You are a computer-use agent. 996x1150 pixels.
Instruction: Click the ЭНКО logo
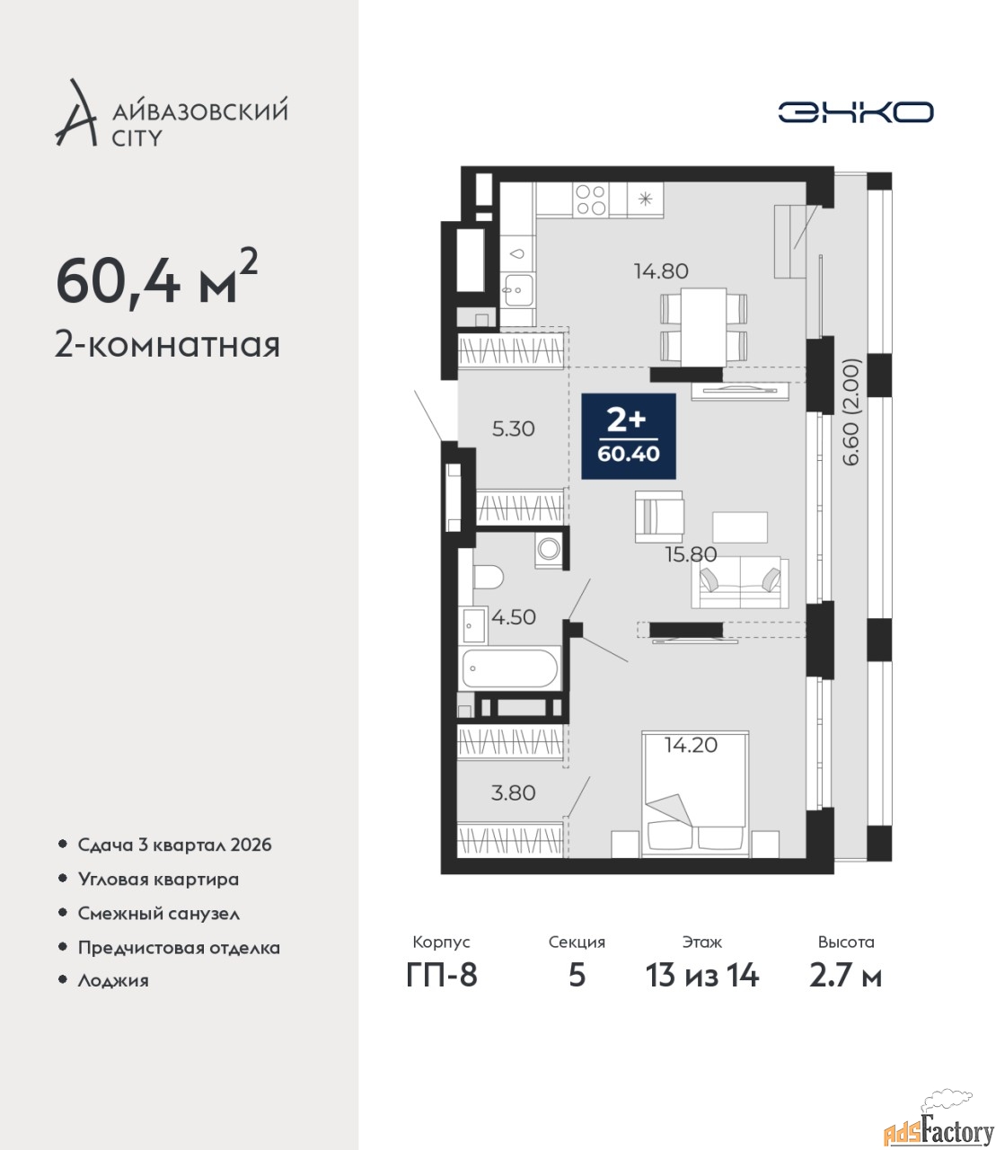(x=855, y=111)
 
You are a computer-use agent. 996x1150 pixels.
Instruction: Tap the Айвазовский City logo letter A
(x=74, y=113)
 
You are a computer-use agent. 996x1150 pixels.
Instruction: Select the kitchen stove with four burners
(x=591, y=199)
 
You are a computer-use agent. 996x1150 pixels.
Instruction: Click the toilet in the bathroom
(x=488, y=577)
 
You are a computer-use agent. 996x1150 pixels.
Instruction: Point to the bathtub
(x=510, y=668)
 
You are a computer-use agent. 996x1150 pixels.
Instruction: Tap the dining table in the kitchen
(x=703, y=327)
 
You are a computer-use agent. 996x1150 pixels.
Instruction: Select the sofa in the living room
(x=740, y=582)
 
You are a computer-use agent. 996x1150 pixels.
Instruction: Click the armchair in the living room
(x=659, y=517)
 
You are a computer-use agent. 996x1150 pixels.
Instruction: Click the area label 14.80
(x=661, y=271)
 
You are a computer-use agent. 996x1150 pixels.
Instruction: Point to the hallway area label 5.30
(x=514, y=429)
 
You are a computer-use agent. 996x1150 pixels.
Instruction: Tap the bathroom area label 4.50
(x=514, y=617)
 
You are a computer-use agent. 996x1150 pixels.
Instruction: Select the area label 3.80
(x=514, y=792)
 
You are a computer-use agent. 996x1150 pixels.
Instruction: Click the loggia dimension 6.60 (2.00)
(x=852, y=411)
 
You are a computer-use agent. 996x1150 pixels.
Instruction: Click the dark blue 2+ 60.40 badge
(x=629, y=436)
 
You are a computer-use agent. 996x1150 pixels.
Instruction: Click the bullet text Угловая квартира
(x=158, y=879)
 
